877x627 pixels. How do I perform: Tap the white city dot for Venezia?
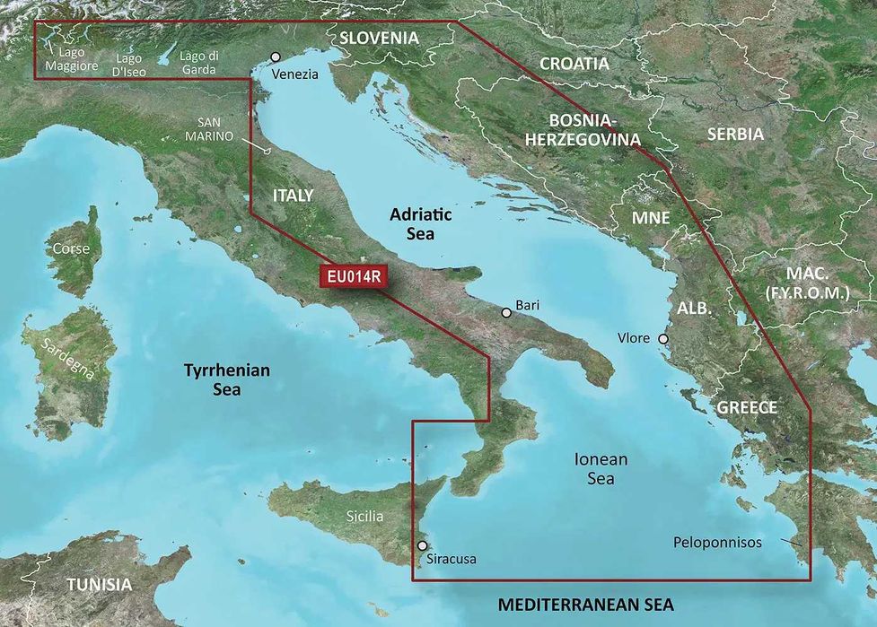pyautogui.click(x=276, y=57)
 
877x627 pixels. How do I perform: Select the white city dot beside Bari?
pyautogui.click(x=507, y=313)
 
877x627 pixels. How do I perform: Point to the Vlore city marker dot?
pyautogui.click(x=663, y=339)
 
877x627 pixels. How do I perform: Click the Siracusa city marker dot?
pyautogui.click(x=423, y=544)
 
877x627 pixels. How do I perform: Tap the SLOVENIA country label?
pyautogui.click(x=379, y=38)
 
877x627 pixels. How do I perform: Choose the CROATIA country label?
pyautogui.click(x=574, y=64)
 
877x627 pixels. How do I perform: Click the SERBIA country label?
pyautogui.click(x=735, y=134)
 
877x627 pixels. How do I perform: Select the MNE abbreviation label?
pyautogui.click(x=651, y=218)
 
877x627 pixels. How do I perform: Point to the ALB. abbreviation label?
pyautogui.click(x=694, y=308)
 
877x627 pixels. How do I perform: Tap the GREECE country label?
pyautogui.click(x=747, y=407)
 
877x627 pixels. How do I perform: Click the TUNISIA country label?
pyautogui.click(x=99, y=584)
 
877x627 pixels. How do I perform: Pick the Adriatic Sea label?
pyautogui.click(x=420, y=224)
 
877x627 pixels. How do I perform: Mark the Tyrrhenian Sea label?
pyautogui.click(x=227, y=379)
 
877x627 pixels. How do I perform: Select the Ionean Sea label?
pyautogui.click(x=601, y=468)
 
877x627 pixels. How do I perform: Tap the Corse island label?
pyautogui.click(x=72, y=248)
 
